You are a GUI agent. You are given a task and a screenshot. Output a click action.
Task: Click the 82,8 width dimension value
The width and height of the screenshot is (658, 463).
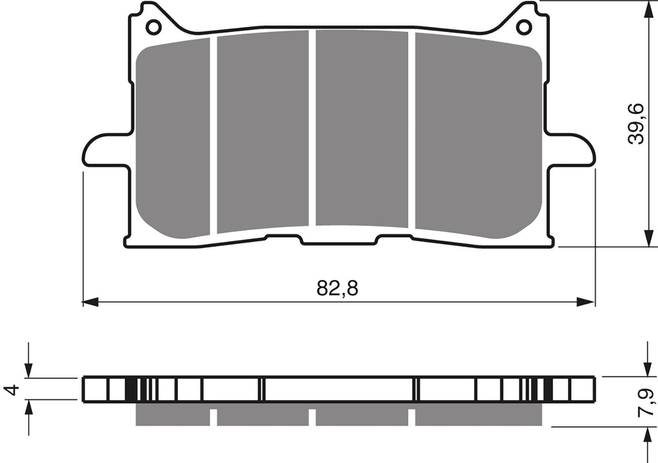(x=337, y=288)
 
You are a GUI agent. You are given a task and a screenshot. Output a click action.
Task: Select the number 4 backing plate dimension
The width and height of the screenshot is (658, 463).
(x=13, y=389)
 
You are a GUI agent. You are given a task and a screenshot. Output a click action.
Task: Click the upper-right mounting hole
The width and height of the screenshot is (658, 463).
(x=524, y=27)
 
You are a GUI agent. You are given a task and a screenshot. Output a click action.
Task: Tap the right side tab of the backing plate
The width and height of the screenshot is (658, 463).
(x=571, y=150)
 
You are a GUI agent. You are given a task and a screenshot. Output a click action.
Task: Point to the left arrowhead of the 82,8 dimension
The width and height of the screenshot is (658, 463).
(x=90, y=302)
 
